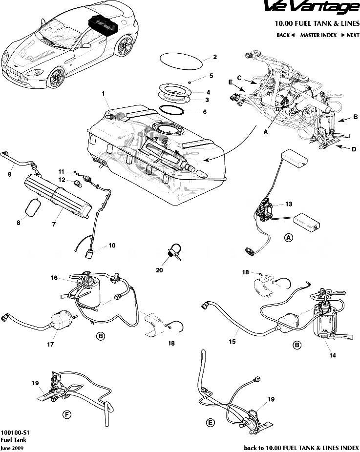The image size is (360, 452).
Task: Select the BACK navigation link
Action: click(285, 35)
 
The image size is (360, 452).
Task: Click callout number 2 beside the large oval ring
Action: click(214, 57)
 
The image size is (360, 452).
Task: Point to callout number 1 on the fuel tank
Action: click(103, 93)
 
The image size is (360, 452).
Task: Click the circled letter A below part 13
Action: click(289, 238)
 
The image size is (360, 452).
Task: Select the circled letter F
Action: click(67, 415)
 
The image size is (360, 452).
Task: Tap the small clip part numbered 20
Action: click(174, 249)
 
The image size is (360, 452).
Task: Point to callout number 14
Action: click(333, 355)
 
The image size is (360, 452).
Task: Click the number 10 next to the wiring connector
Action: click(112, 246)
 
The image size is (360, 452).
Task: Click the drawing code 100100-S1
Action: click(13, 432)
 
